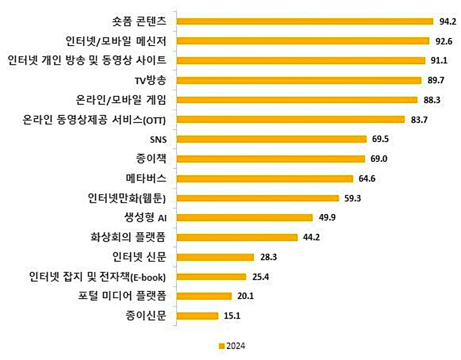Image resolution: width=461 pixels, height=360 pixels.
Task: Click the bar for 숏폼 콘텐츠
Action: tap(305, 21)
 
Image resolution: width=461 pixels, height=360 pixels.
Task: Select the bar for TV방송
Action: tap(299, 80)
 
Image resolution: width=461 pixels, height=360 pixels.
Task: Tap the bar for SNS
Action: tap(271, 139)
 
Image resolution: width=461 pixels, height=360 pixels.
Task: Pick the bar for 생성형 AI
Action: tap(244, 217)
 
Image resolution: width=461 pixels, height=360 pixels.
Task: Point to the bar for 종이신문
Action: tap(197, 316)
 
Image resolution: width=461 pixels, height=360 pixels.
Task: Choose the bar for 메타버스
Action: tap(265, 178)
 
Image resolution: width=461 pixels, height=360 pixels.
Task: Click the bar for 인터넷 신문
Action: tap(215, 257)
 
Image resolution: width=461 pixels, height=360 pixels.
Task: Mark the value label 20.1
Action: tap(246, 296)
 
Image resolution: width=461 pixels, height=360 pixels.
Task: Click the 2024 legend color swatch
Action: tap(221, 346)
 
